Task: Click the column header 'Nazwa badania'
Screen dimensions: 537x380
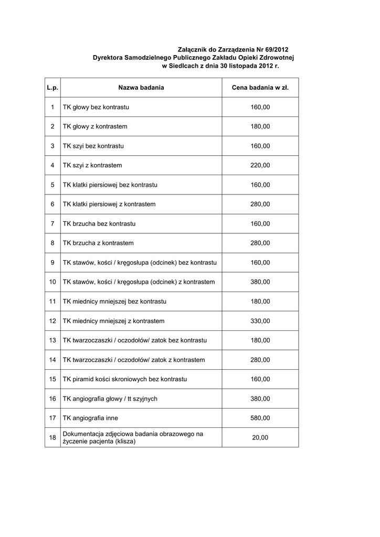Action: tap(141, 88)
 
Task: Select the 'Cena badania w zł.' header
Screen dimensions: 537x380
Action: tap(260, 88)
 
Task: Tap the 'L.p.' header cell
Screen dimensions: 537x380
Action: tap(52, 88)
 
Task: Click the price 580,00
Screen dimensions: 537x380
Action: tap(260, 418)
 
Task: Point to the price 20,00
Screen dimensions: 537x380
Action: tap(260, 437)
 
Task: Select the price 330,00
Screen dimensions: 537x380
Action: tap(260, 321)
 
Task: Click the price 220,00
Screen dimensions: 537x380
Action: tap(260, 165)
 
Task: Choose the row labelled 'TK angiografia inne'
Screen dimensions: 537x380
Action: tap(90, 418)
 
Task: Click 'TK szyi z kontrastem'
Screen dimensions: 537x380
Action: tap(92, 165)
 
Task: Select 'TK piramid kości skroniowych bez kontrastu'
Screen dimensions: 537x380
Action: tap(125, 379)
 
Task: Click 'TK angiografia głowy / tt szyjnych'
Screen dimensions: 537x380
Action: tap(110, 399)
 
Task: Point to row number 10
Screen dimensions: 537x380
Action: tap(52, 282)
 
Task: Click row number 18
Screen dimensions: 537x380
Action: tap(52, 437)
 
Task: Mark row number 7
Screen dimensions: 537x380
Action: tap(52, 223)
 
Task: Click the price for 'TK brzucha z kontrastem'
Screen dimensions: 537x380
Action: tap(260, 243)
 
